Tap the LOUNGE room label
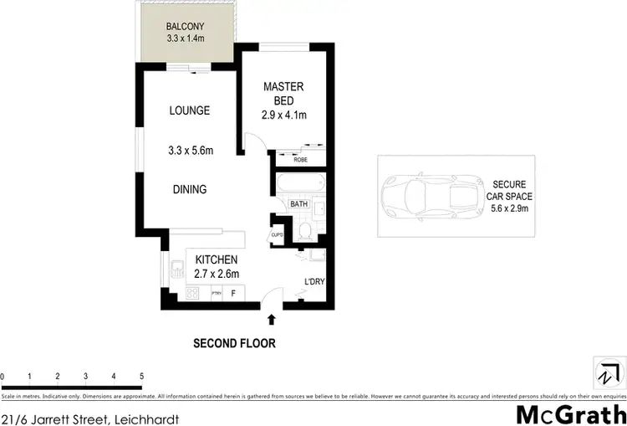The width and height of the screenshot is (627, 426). (189, 110)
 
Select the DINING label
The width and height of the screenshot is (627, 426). (189, 189)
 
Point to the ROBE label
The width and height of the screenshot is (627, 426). (300, 159)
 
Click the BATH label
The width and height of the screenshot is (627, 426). (298, 203)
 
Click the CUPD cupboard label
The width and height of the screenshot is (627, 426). (277, 235)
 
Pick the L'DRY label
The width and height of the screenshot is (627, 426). (313, 281)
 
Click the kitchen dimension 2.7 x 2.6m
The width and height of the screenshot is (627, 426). (217, 274)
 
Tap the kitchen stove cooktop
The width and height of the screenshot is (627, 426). (191, 293)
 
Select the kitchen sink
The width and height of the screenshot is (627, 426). (176, 269)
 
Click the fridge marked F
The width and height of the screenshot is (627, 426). (233, 293)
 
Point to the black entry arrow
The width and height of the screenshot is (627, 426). (271, 319)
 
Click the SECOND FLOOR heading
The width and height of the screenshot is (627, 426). (234, 343)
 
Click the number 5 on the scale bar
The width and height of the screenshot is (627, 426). (142, 376)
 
